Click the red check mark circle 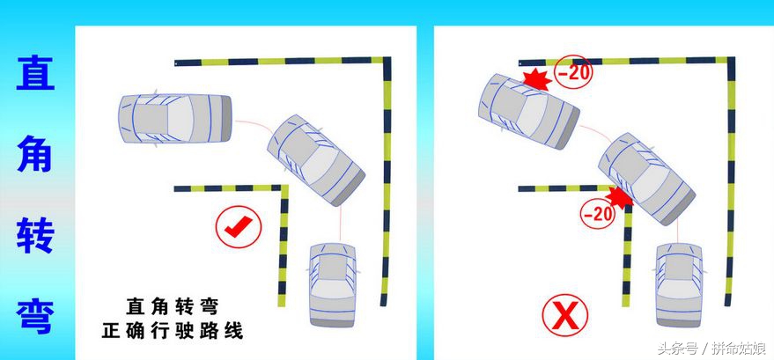pyautogui.click(x=239, y=227)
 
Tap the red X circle pyautogui.click(x=565, y=316)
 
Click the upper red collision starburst pyautogui.click(x=536, y=80)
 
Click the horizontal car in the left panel pyautogui.click(x=175, y=118)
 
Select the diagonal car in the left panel pyautogui.click(x=316, y=160)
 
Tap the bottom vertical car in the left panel pyautogui.click(x=333, y=284)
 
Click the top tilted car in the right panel pyautogui.click(x=529, y=111)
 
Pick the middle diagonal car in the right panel pyautogui.click(x=646, y=179)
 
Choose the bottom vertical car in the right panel pyautogui.click(x=679, y=284)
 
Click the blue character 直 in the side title pyautogui.click(x=35, y=72)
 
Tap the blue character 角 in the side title pyautogui.click(x=35, y=153)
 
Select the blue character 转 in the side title pyautogui.click(x=35, y=235)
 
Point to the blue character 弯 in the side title pyautogui.click(x=35, y=316)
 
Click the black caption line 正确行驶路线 pyautogui.click(x=173, y=330)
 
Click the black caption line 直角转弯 pyautogui.click(x=172, y=306)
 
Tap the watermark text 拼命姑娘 pyautogui.click(x=739, y=349)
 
